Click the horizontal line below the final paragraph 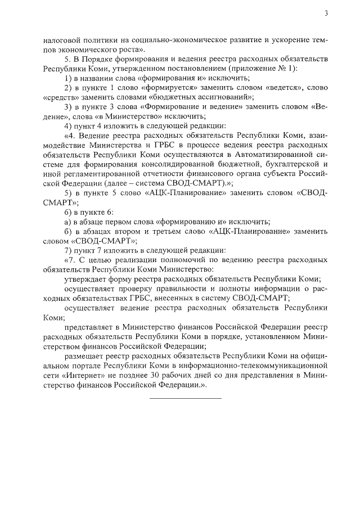[x=186, y=399]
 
